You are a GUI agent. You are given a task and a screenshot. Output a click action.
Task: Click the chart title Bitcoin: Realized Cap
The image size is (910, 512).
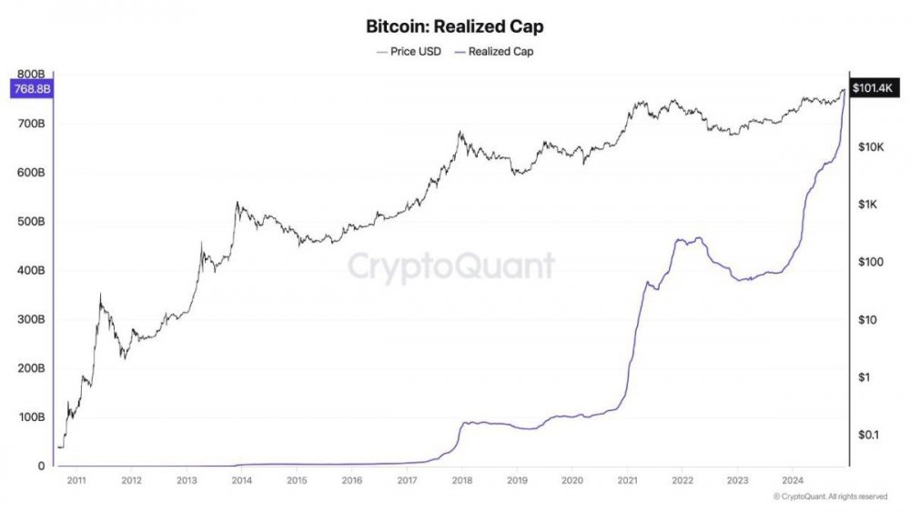point(455,26)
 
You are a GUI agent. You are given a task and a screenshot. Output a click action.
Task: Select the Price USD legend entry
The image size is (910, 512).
point(409,52)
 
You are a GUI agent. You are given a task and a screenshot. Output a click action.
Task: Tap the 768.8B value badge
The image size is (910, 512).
point(30,88)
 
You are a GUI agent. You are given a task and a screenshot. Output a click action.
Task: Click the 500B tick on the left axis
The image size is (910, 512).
point(30,222)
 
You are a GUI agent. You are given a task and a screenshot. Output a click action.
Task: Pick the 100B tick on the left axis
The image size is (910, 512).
point(30,417)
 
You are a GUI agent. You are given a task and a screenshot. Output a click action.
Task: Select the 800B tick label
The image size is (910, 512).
point(30,74)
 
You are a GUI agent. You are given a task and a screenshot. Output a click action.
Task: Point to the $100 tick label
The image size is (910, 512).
point(872,262)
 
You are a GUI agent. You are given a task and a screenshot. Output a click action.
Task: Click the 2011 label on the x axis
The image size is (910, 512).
point(76,479)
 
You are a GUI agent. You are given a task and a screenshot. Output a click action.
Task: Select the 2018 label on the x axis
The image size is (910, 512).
point(462,479)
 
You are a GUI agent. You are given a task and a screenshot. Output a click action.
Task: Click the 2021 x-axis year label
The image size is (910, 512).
point(628,479)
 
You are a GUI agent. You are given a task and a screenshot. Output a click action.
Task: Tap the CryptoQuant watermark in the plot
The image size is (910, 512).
point(451,266)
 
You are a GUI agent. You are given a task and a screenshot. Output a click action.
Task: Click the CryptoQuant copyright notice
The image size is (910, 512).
point(829,497)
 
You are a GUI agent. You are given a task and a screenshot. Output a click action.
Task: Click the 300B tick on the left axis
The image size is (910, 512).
point(30,320)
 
